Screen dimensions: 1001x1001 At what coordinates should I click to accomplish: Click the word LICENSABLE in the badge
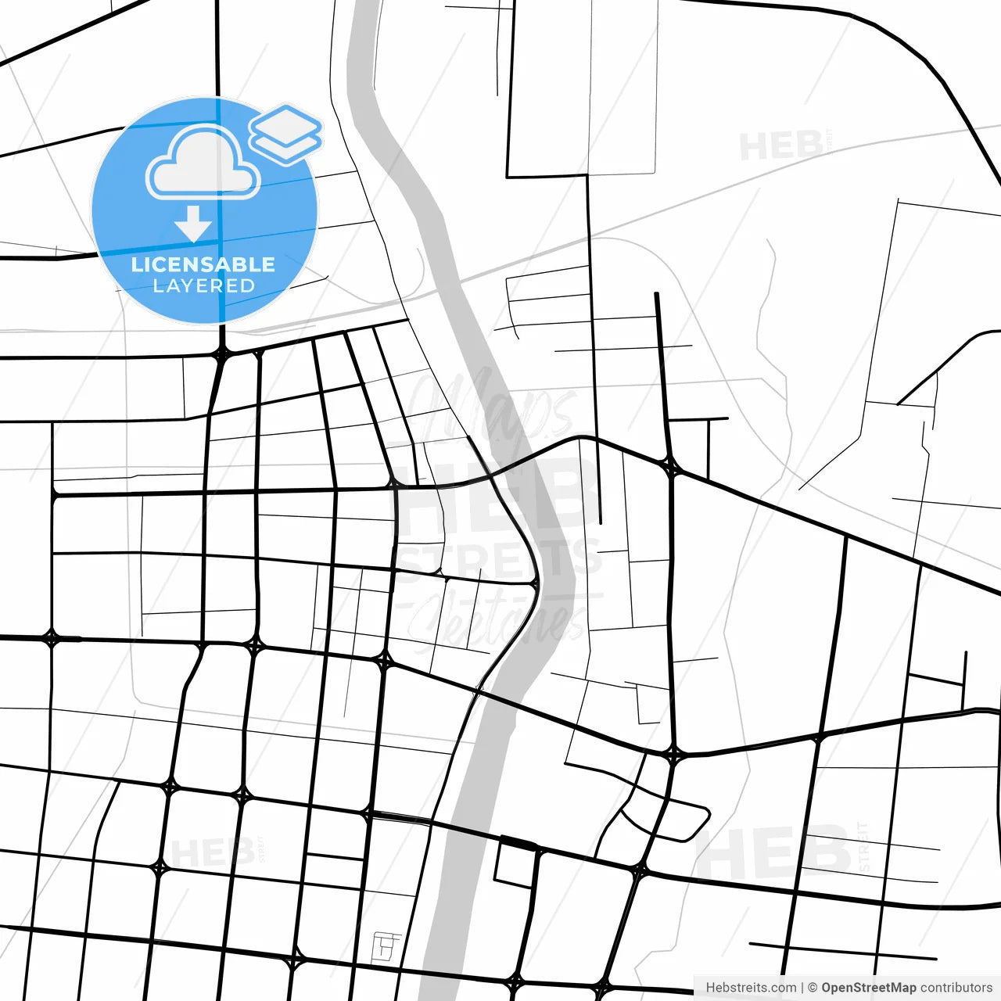tap(203, 264)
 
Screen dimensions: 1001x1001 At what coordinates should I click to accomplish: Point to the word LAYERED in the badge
tap(203, 286)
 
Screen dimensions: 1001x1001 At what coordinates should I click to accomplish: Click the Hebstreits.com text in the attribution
tap(751, 988)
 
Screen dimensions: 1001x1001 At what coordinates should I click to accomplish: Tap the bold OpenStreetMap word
tap(868, 988)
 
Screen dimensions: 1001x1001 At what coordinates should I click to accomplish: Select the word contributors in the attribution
tap(956, 988)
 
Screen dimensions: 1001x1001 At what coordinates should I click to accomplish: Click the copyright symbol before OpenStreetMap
tap(813, 988)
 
